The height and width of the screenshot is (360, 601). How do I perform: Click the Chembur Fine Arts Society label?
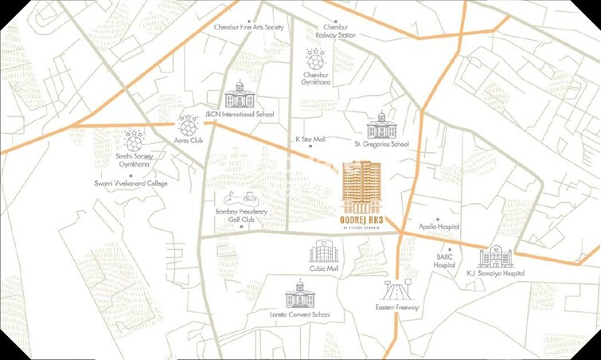[x=248, y=27]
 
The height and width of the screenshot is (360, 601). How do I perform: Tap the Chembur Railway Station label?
[x=335, y=31]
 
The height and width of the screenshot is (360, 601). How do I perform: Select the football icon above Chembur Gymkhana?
[x=315, y=60]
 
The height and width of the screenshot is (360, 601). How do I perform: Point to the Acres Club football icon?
[x=187, y=125]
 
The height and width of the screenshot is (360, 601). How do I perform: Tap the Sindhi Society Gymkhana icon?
[x=134, y=140]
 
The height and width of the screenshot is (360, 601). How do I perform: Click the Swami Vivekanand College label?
[x=131, y=183]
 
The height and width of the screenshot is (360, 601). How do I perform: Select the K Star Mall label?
[x=310, y=139]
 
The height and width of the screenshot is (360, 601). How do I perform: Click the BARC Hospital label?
[x=444, y=260]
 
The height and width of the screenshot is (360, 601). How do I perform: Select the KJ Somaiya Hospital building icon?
[x=495, y=256]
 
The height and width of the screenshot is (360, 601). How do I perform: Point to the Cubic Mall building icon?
[x=324, y=251]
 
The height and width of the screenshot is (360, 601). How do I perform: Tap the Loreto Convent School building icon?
[x=301, y=295]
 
